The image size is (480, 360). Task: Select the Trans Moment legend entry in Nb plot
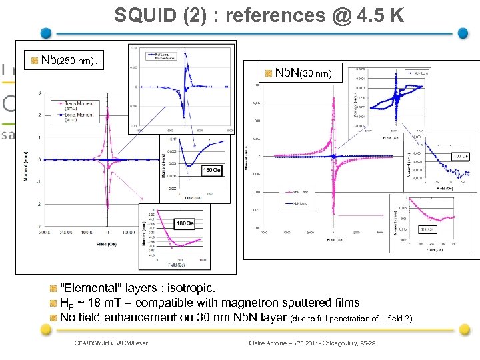(x=78, y=105)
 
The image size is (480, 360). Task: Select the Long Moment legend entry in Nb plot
(x=78, y=117)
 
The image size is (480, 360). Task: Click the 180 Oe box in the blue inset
(x=211, y=169)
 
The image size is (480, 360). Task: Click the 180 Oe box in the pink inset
(x=185, y=223)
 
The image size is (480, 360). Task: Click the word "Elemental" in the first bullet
(x=90, y=289)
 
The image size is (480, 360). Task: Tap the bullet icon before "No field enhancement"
(x=53, y=317)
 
